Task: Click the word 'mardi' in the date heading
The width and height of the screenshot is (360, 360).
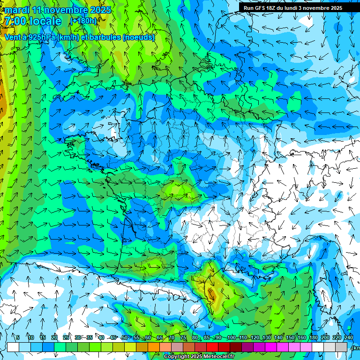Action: point(17,10)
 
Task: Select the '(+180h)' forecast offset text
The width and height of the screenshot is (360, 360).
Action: point(83,21)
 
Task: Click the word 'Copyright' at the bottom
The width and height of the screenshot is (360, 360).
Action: point(177,357)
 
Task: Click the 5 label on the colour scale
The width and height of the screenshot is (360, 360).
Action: point(18,338)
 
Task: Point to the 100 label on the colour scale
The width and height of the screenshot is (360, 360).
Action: point(231,338)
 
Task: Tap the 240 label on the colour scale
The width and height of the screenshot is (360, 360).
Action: point(348,338)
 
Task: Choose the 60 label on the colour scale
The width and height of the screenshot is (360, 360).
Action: point(148,338)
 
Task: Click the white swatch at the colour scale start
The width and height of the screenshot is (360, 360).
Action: point(13,347)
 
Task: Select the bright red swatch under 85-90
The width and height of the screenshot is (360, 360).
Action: point(212,347)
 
